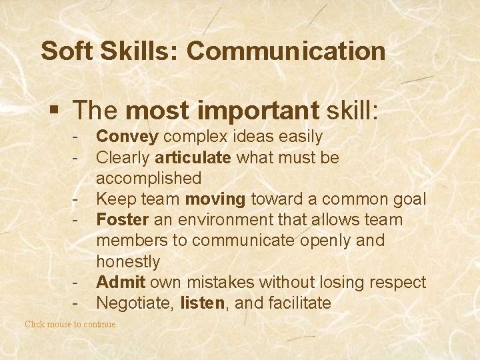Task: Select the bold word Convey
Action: [127, 137]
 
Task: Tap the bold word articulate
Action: [193, 158]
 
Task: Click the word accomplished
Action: [149, 178]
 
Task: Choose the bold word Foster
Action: [121, 219]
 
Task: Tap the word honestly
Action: [128, 261]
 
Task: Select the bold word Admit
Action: [119, 282]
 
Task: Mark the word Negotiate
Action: [136, 303]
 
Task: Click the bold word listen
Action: [201, 303]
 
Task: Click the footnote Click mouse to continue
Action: [70, 324]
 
